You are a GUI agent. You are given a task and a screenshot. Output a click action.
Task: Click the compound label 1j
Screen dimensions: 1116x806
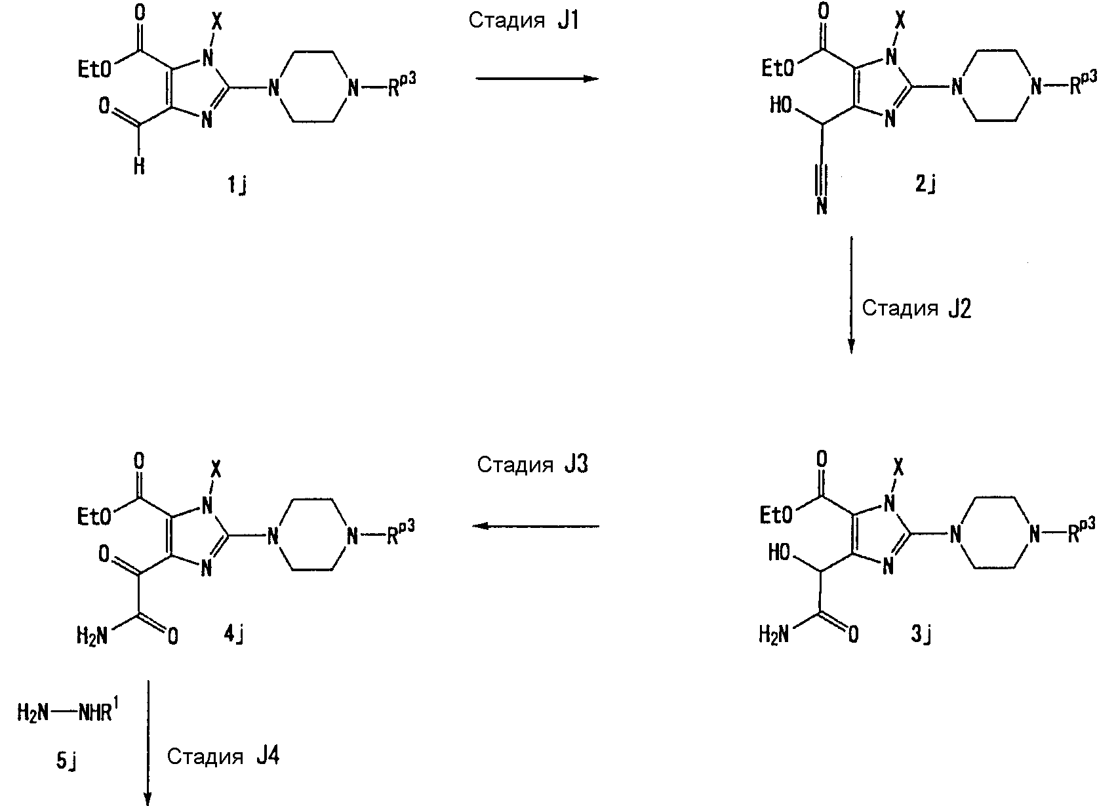(x=237, y=186)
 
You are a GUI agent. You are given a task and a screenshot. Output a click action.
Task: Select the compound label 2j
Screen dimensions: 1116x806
(x=926, y=184)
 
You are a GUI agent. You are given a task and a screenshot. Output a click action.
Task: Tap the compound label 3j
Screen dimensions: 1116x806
(x=922, y=635)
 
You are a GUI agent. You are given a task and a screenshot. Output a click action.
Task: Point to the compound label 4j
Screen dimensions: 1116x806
(x=233, y=635)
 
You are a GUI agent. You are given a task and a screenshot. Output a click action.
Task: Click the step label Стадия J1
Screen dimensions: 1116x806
(x=524, y=21)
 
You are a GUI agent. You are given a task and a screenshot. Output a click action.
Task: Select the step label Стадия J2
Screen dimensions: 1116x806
(x=916, y=308)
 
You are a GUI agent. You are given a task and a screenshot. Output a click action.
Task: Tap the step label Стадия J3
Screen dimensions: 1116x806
(x=532, y=464)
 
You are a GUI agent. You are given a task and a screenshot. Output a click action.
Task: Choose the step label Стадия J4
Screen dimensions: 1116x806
(x=223, y=756)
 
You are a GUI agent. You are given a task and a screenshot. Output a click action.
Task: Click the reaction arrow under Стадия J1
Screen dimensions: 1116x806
(x=537, y=78)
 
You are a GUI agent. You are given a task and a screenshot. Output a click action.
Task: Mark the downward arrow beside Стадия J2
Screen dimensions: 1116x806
(x=852, y=295)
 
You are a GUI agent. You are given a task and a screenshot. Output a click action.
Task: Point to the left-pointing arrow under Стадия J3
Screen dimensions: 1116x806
(x=536, y=526)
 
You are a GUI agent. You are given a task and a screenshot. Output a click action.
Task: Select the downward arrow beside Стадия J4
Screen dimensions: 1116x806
(x=148, y=742)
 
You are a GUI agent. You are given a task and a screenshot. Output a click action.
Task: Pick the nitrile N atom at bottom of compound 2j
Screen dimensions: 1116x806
(x=822, y=206)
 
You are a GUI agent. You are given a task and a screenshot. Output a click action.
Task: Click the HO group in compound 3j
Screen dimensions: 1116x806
(x=779, y=553)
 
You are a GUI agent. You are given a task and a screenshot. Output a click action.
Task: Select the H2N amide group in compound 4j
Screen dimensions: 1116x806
(x=92, y=636)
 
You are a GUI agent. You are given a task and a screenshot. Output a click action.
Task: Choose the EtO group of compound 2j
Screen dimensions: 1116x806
(x=778, y=68)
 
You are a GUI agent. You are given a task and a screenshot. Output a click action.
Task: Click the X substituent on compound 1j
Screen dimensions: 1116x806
(x=217, y=22)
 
